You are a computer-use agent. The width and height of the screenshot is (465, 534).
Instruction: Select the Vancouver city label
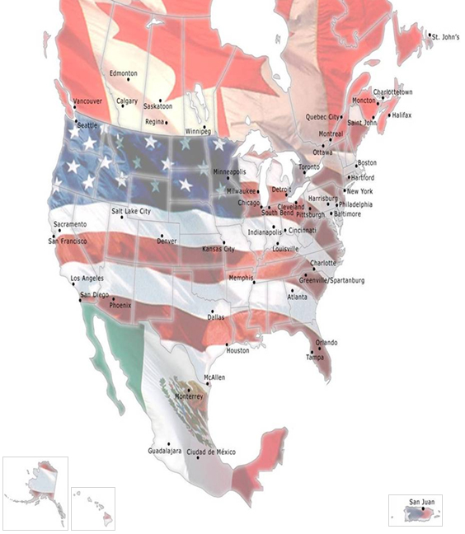(87, 101)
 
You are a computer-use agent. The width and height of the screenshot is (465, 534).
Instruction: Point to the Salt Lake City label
(132, 211)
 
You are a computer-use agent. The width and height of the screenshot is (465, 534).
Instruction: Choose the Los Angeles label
(87, 279)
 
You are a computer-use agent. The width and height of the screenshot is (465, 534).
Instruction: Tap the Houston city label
(237, 350)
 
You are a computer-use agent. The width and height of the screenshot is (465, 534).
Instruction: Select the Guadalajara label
(164, 452)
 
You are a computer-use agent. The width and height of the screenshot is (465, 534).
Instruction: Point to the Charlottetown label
(392, 92)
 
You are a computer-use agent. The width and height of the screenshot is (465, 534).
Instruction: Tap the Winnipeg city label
(198, 130)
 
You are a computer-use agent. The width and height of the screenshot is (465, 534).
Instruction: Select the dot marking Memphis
(255, 283)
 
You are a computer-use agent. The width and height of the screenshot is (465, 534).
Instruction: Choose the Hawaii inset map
(92, 507)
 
